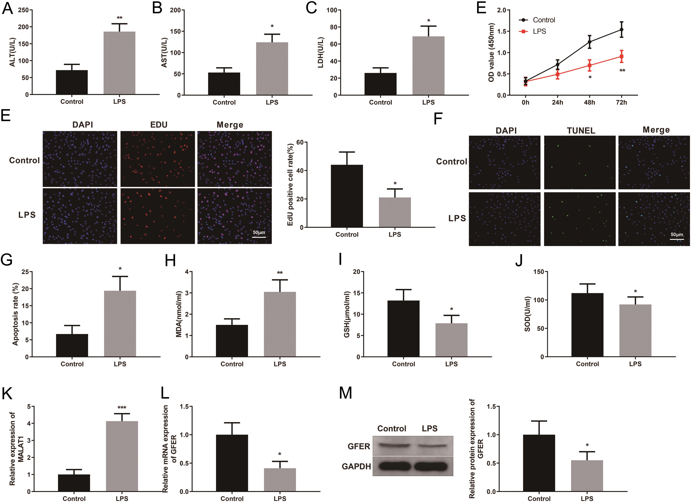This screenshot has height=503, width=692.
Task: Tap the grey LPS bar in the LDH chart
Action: click(428, 66)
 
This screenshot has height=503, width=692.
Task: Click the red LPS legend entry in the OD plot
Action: click(532, 31)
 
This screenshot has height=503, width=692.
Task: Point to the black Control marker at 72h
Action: click(621, 30)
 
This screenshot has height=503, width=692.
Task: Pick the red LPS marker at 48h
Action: click(589, 65)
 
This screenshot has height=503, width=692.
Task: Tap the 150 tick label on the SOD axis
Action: click(540, 272)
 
